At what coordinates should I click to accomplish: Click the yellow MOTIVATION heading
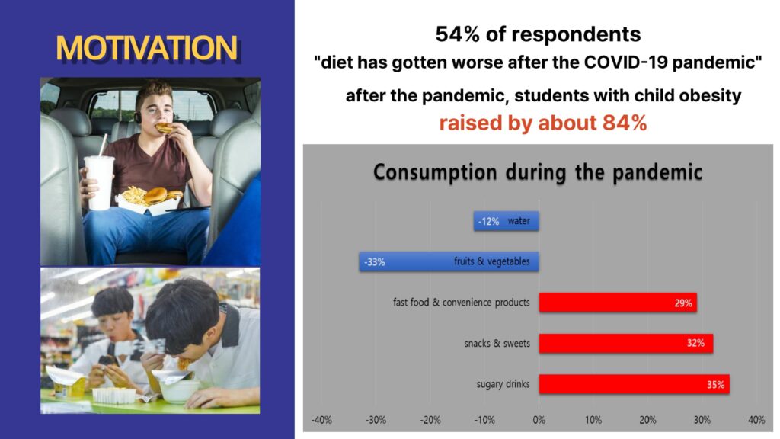(x=147, y=48)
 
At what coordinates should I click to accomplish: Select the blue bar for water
(x=506, y=221)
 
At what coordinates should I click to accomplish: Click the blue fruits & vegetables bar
(x=449, y=261)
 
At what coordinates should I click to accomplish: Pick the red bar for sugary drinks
(x=635, y=384)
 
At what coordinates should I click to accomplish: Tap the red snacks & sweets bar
(x=626, y=344)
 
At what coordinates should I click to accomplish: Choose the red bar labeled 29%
(x=618, y=303)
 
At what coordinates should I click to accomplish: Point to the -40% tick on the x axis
(x=321, y=420)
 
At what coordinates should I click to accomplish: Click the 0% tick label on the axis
(x=539, y=420)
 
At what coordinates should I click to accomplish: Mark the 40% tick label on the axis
(x=756, y=420)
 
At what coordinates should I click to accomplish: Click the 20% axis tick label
(x=647, y=420)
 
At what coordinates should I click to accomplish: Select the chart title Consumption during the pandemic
(x=538, y=172)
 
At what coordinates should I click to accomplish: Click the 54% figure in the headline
(x=458, y=34)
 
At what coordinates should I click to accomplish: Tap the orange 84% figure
(x=625, y=123)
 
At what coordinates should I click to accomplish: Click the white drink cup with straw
(x=100, y=181)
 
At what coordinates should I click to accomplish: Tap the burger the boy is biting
(x=165, y=128)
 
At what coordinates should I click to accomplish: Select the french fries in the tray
(x=134, y=194)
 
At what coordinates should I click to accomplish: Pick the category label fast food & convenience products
(x=461, y=303)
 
